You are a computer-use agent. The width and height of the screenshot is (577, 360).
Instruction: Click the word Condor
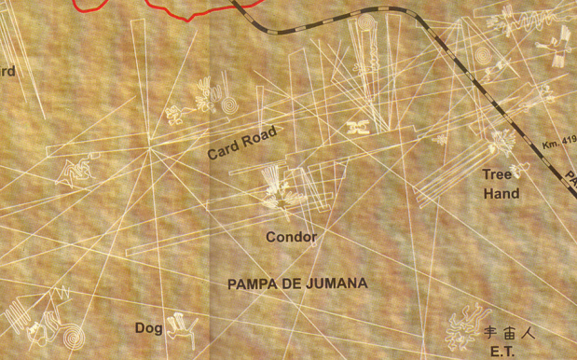[x=291, y=237]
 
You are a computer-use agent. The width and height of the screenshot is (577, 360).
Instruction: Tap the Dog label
[x=148, y=327]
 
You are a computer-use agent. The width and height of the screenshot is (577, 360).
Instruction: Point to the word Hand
[x=501, y=194]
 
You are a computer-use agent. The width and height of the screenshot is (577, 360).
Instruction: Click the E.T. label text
[x=501, y=352]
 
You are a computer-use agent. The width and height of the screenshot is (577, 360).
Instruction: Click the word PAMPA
[x=252, y=284]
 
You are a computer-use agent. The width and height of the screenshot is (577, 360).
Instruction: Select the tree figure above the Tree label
[x=501, y=143]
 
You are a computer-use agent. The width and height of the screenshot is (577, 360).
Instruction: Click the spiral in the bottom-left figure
[x=70, y=333]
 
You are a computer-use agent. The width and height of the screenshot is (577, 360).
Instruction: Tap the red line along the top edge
[x=177, y=11]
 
